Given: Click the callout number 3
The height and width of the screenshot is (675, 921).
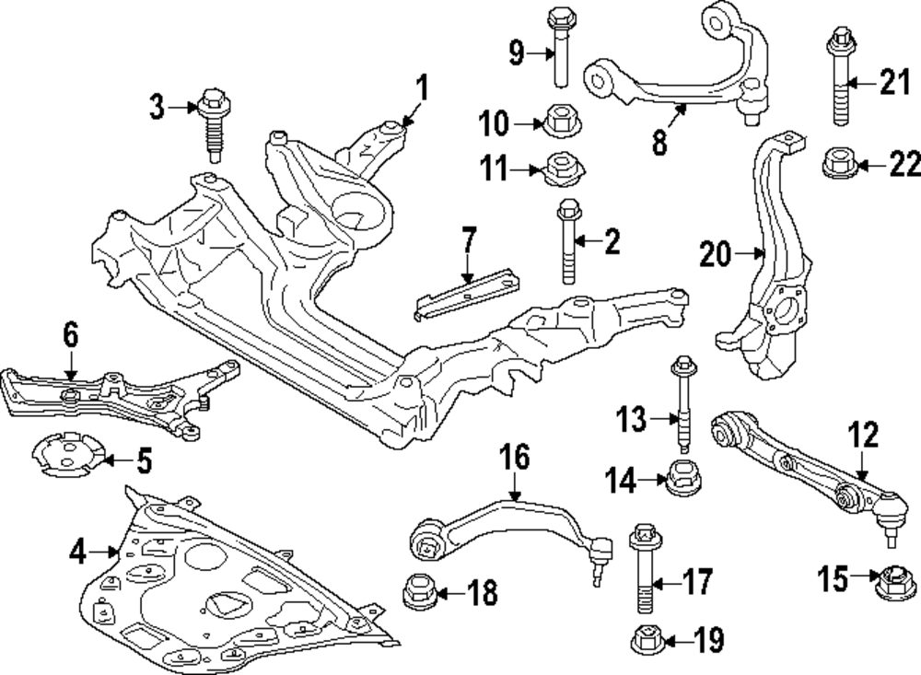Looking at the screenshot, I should (158, 108).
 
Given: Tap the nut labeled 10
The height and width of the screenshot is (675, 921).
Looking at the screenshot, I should (558, 121).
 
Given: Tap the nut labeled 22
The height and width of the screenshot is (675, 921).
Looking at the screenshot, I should (837, 164).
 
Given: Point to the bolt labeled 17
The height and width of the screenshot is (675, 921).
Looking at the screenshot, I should (643, 571).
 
